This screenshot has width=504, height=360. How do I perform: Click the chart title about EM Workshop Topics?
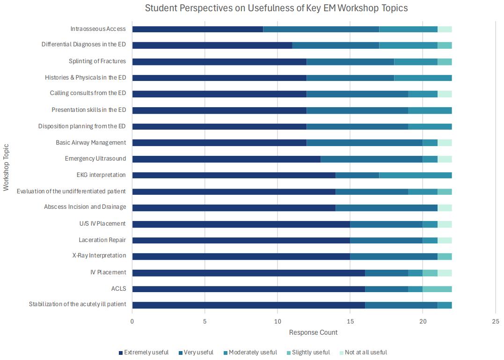(276, 8)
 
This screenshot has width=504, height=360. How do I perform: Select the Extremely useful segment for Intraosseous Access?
(197, 29)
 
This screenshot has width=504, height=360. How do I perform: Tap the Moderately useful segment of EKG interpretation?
(416, 175)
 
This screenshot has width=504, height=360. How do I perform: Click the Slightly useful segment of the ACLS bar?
(437, 289)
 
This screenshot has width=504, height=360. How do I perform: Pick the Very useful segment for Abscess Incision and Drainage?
(387, 207)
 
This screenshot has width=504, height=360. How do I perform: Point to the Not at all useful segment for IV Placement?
(445, 272)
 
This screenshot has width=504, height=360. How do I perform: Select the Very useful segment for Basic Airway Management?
(365, 143)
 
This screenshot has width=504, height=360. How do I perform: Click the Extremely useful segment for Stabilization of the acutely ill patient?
(248, 305)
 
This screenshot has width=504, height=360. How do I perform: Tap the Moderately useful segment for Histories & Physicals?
(423, 78)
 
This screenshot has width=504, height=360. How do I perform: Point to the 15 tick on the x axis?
(350, 322)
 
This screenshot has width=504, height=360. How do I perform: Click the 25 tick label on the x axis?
(496, 322)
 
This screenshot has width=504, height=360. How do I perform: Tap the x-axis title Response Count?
(313, 333)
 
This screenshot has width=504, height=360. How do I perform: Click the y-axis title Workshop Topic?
(6, 167)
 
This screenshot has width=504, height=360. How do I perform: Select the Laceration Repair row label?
(102, 240)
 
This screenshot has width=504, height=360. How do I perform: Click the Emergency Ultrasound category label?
(95, 159)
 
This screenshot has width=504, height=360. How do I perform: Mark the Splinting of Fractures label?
(97, 61)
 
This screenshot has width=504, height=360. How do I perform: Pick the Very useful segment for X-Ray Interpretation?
(394, 256)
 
